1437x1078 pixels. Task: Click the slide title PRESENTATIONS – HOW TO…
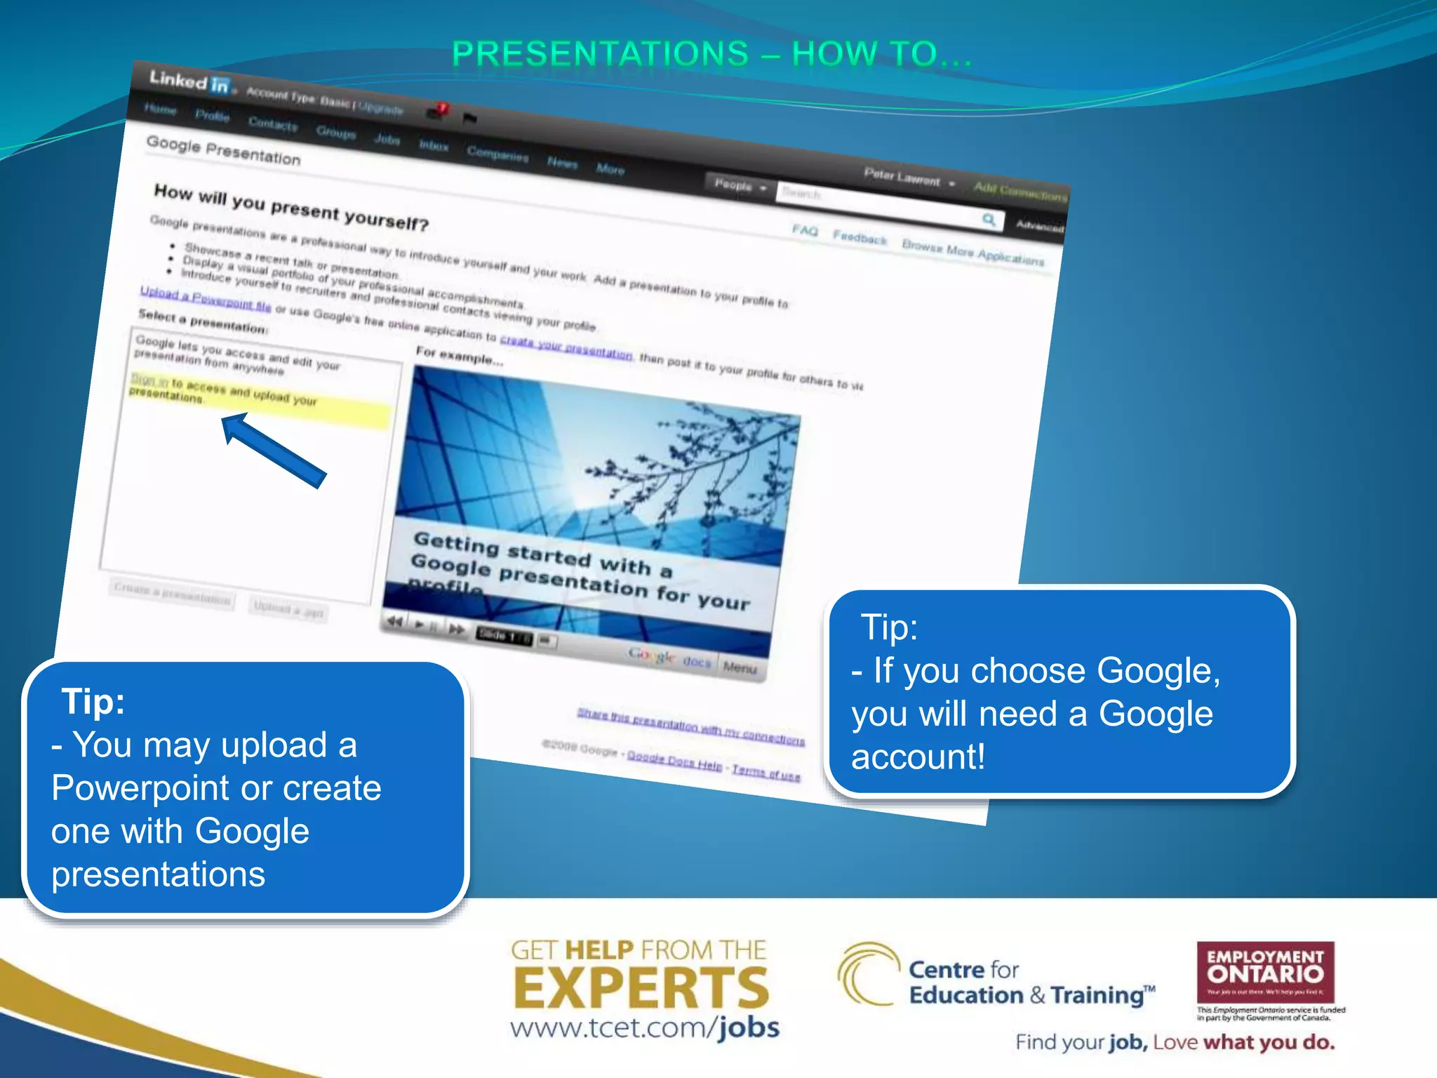tap(711, 54)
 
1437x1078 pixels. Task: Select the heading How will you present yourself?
tap(290, 207)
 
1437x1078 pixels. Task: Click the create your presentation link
tap(566, 347)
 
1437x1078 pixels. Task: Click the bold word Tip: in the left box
tap(93, 701)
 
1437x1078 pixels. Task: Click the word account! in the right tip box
tap(918, 757)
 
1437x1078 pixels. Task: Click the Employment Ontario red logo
tap(1265, 971)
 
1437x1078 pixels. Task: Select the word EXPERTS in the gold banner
tap(641, 988)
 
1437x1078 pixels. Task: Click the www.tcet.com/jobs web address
tap(644, 1028)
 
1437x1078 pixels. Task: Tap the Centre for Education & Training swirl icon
tap(867, 974)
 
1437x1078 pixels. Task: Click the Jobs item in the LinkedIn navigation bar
tap(387, 139)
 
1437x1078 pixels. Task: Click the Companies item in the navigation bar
tap(497, 154)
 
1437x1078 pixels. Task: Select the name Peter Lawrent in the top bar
tap(902, 176)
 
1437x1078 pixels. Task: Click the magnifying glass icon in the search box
tap(989, 220)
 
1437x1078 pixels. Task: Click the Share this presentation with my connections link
tap(690, 726)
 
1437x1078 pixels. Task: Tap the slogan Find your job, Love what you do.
tap(1175, 1042)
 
